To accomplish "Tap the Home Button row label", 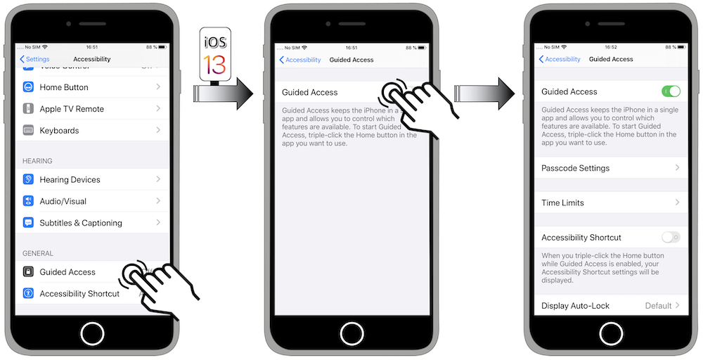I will [x=64, y=87].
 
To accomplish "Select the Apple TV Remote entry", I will [x=71, y=109].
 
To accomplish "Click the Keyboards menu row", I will [x=59, y=131].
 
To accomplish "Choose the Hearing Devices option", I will [x=70, y=180].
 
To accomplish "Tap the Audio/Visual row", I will [x=63, y=201].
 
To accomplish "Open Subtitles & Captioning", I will [x=80, y=223].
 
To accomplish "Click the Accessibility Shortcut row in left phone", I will [x=79, y=294].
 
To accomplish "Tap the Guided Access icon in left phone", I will [x=28, y=272].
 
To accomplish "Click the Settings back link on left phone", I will [x=34, y=59].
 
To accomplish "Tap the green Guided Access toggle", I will [x=671, y=91].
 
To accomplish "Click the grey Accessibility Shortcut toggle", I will [x=671, y=238].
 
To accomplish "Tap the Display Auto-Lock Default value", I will [x=659, y=306].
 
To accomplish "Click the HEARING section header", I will [x=37, y=161].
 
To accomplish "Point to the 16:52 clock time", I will [x=610, y=47].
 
